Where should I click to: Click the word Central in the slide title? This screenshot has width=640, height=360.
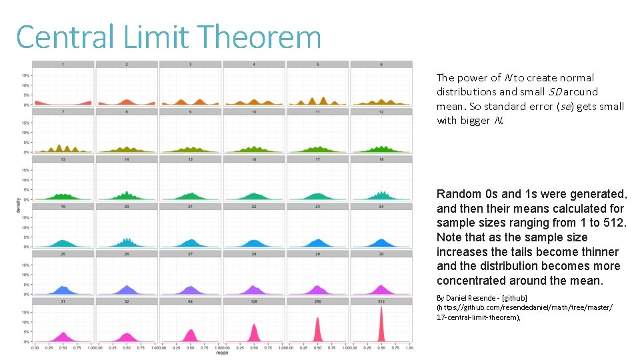tap(66, 37)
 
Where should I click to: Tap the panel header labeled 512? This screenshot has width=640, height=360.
tap(381, 301)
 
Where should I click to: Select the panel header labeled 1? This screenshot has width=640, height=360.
tap(63, 64)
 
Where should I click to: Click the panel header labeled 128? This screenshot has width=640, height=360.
tap(254, 301)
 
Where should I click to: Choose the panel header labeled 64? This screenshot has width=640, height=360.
tap(191, 301)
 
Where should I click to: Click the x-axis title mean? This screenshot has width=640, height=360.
tap(221, 353)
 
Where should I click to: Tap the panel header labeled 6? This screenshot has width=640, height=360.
tap(381, 64)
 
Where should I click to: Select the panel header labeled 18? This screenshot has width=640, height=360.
tap(381, 159)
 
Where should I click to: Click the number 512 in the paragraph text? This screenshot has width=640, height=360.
tap(613, 223)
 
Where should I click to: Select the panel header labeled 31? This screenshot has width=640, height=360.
tap(63, 301)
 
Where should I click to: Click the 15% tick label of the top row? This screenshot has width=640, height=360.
tap(25, 75)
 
